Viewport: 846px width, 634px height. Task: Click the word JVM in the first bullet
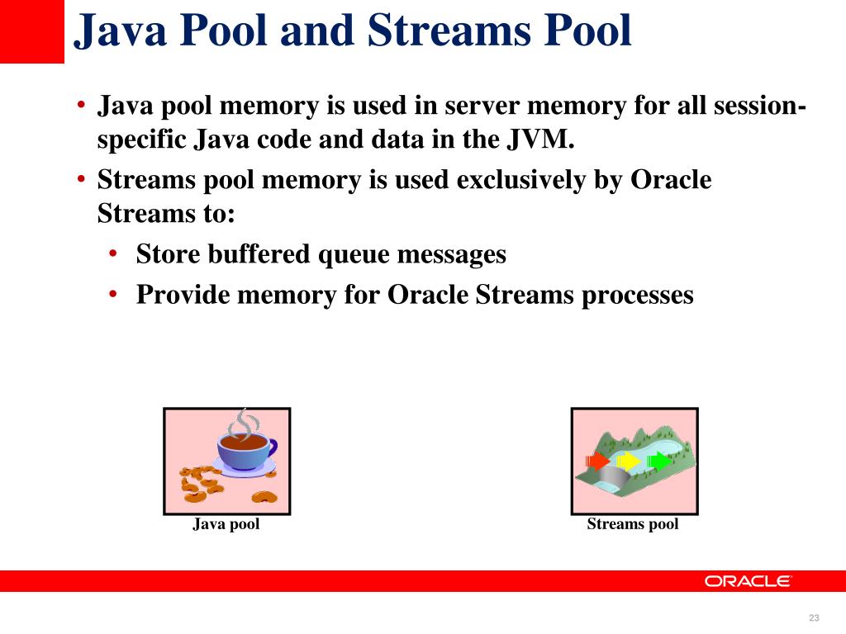(x=540, y=140)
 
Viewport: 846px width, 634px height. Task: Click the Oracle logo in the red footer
(x=748, y=581)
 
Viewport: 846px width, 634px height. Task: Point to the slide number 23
(x=814, y=619)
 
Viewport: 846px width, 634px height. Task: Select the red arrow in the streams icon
(x=596, y=461)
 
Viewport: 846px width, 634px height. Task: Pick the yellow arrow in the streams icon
(x=629, y=461)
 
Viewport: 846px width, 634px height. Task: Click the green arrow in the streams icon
(x=659, y=461)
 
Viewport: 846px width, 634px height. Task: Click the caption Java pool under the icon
(x=226, y=524)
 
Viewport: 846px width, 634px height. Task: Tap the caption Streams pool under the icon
(x=633, y=524)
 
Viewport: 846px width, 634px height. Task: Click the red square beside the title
(x=31, y=31)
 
